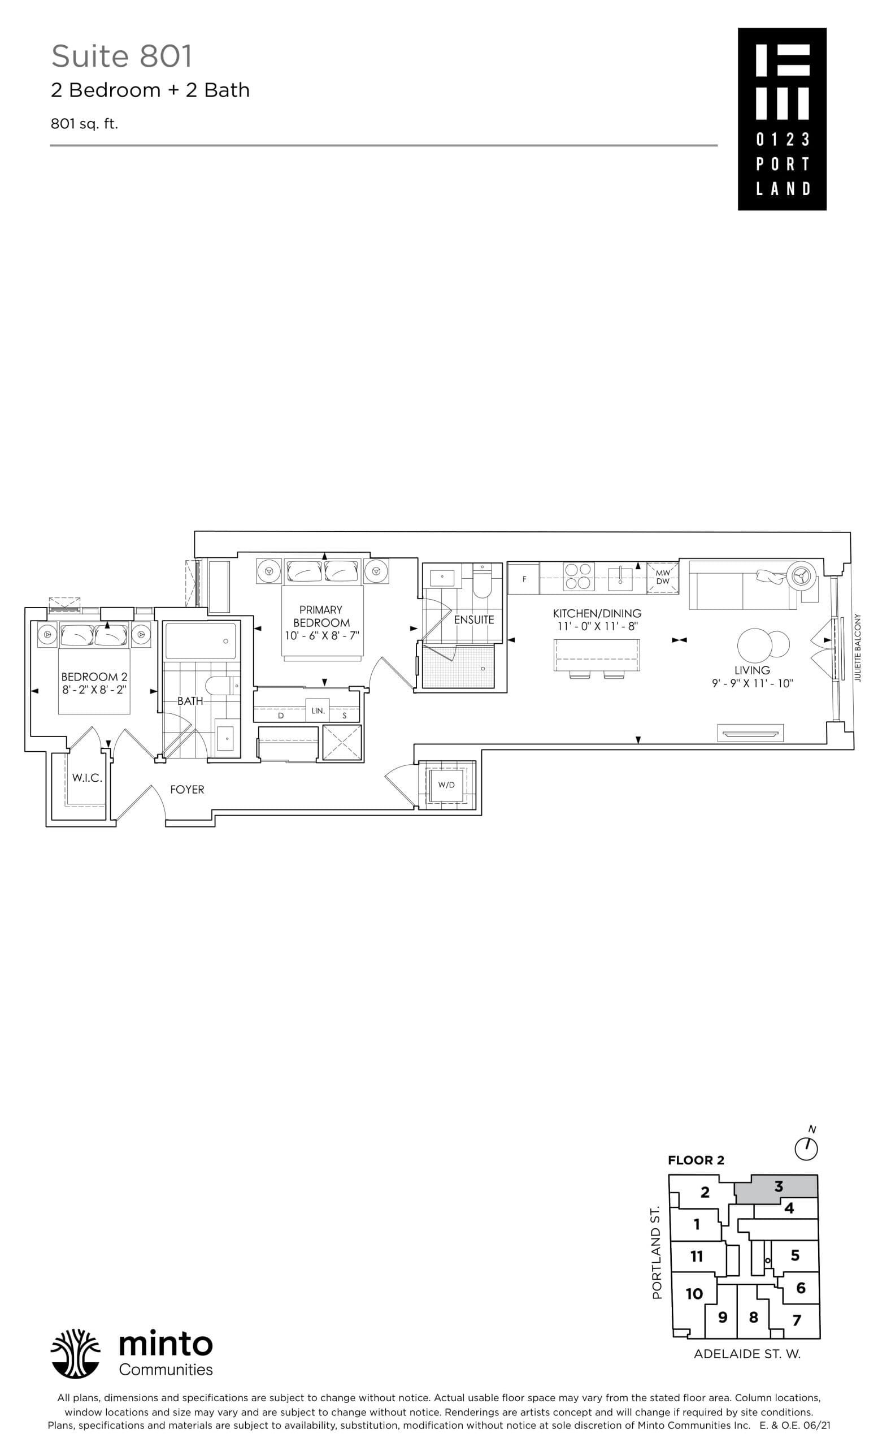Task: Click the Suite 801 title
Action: (121, 57)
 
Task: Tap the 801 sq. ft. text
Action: (84, 124)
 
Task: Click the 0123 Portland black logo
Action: (781, 119)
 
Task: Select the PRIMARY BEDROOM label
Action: (320, 616)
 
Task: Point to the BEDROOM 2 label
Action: (94, 677)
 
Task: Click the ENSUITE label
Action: (473, 619)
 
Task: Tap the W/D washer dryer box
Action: (446, 785)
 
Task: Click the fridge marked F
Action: (524, 578)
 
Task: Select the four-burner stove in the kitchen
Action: (578, 576)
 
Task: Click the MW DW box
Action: (663, 577)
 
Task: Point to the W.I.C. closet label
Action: (87, 778)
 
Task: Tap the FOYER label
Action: (187, 789)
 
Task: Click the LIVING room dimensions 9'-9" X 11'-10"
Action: (752, 683)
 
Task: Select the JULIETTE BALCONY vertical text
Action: (858, 648)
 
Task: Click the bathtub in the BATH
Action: (201, 641)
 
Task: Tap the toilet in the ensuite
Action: (481, 582)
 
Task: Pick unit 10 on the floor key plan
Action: (694, 1294)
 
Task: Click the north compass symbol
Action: (806, 1147)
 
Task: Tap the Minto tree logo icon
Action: (75, 1353)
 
